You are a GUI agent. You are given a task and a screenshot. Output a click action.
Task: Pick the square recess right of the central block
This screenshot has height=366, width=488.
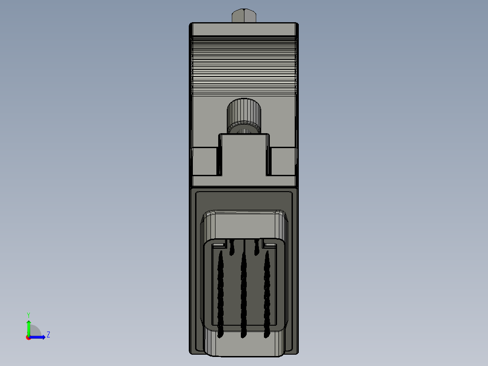coord(283,161)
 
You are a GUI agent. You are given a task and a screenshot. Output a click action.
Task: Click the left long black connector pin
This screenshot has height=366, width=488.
coord(221,294)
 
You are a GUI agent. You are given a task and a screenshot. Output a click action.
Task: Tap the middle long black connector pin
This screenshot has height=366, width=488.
coord(244,294)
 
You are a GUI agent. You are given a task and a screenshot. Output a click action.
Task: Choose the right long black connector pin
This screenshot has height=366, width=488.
coord(267,294)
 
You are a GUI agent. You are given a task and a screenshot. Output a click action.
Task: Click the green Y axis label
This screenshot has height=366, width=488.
coord(28,314)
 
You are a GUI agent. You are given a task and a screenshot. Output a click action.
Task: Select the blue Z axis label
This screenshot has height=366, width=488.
coord(48,335)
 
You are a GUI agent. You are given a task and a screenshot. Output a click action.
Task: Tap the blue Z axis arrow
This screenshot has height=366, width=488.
coord(40,337)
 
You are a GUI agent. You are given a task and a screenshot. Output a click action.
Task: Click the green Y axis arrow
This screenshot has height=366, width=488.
coord(29,325)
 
